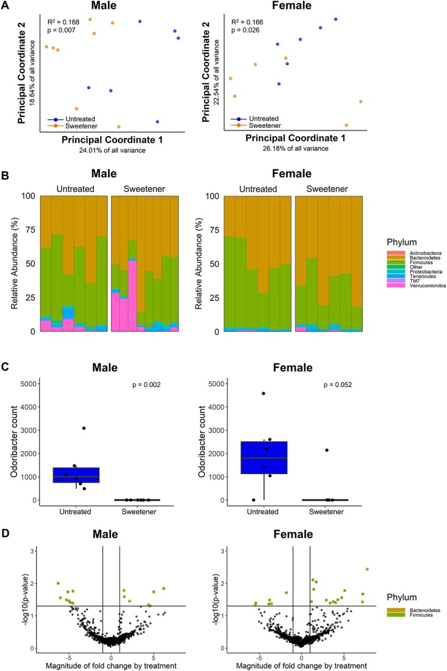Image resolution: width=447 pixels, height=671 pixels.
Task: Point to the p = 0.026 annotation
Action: pos(245,30)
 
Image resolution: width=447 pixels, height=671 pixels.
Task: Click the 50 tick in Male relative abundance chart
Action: pos(29,263)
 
